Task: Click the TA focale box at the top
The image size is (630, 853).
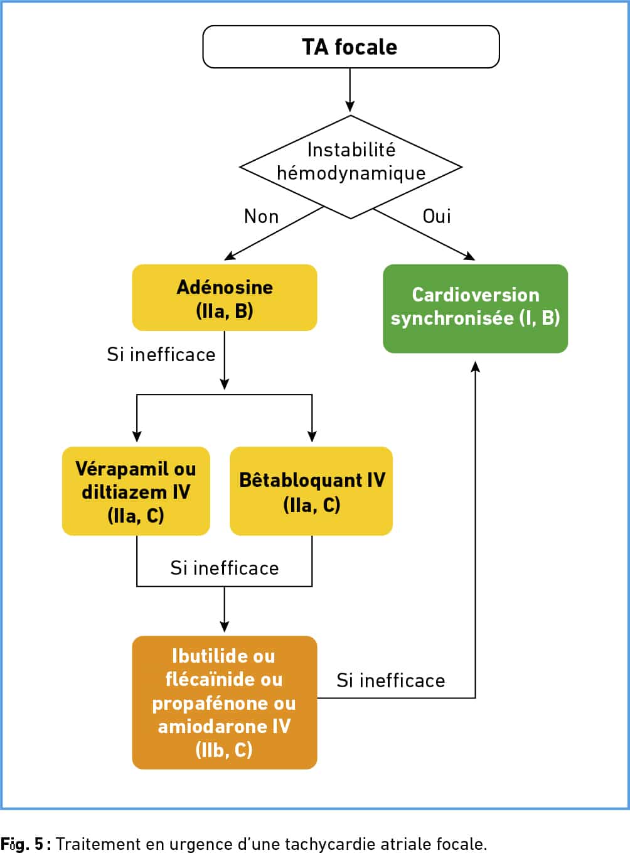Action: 351,47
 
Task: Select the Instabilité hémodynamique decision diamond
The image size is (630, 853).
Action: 351,167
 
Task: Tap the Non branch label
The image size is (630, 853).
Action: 261,217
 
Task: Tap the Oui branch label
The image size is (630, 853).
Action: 436,216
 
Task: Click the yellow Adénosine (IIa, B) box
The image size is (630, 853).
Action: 225,297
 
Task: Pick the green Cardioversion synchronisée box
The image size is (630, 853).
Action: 475,308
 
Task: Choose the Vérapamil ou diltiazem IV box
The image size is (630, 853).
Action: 136,491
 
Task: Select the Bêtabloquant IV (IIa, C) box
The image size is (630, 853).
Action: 311,491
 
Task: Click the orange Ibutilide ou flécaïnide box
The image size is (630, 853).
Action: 225,702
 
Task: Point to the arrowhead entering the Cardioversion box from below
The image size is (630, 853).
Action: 475,366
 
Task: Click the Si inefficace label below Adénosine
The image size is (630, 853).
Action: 161,354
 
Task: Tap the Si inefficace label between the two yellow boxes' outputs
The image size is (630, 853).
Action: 225,568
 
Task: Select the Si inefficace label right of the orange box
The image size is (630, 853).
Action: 391,680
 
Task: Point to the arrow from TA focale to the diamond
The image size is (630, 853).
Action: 350,90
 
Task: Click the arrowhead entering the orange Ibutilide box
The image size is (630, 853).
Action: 225,626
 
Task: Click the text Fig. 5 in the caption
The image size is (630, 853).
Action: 22,844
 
